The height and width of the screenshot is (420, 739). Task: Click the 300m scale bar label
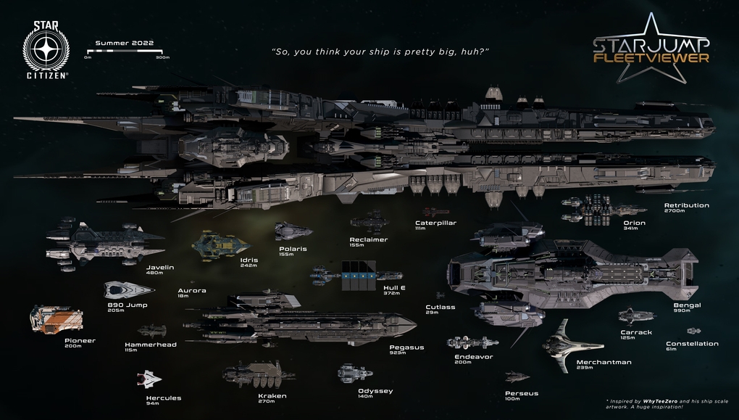(162, 57)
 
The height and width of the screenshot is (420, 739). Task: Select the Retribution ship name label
(686, 205)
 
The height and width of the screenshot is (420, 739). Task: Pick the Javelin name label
(160, 267)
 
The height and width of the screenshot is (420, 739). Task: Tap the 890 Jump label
(127, 305)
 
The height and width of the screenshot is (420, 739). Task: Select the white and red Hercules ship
(149, 379)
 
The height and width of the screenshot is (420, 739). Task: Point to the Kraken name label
(272, 396)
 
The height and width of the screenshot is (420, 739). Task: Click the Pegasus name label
(406, 347)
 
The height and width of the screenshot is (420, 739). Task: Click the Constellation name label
(692, 344)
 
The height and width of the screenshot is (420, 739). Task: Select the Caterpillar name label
(435, 223)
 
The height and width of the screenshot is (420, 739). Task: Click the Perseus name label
(522, 393)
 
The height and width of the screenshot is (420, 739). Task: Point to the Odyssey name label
(375, 391)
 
